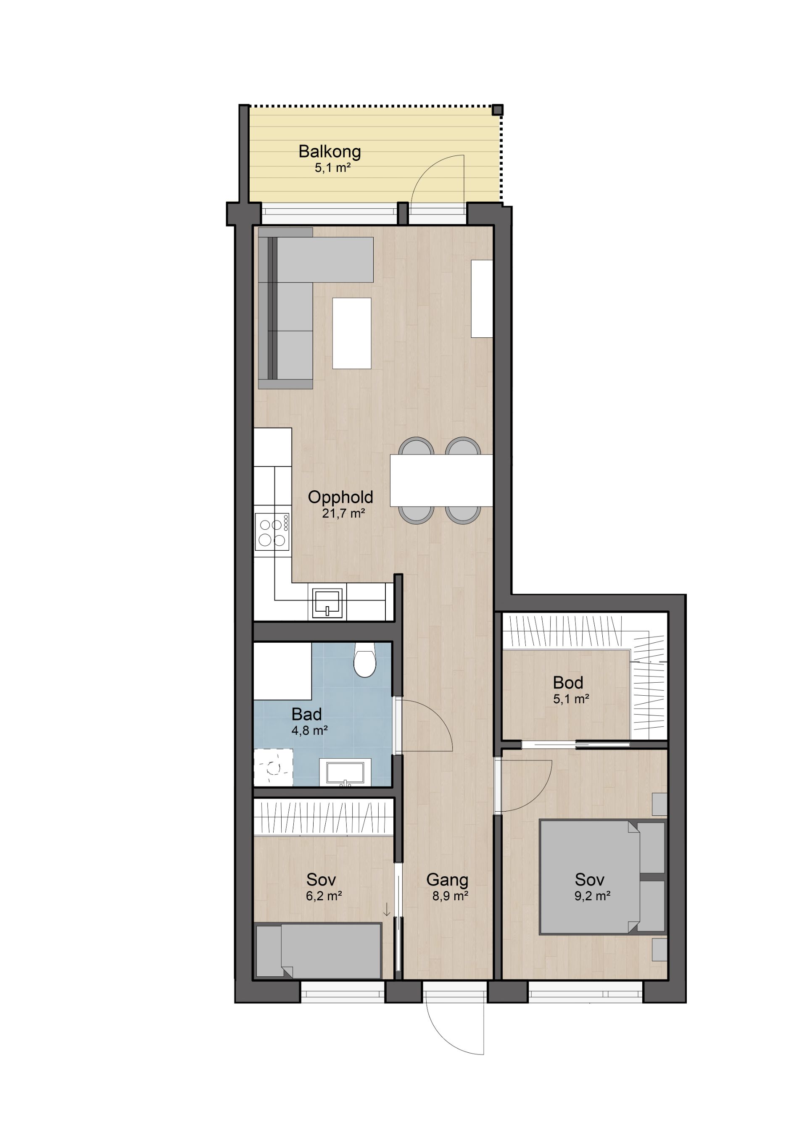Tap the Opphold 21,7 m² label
coord(340,505)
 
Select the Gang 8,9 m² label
coord(448,887)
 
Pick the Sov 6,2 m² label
coord(323,887)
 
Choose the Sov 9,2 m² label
coord(591,887)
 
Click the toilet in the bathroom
coord(365,660)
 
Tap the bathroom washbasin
coord(345,772)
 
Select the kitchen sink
coord(327,603)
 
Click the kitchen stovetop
coord(272,531)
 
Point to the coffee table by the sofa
coord(351,333)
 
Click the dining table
coord(441,480)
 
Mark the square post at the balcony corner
coord(498,110)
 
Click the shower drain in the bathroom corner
coord(273,768)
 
